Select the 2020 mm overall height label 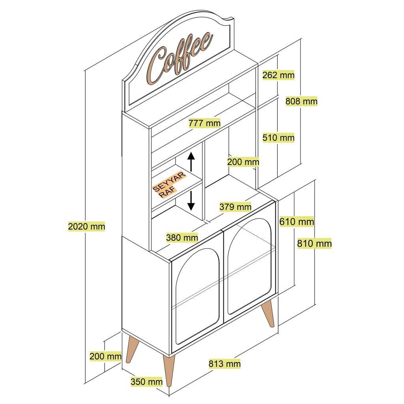coord(86,226)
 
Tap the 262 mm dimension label coord(279,75)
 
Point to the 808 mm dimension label coord(301,101)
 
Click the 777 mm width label coord(204,123)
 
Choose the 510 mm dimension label coord(279,138)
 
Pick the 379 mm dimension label coord(236,206)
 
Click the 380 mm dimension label coord(182,238)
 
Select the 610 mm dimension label coord(297,222)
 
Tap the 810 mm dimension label coord(314,243)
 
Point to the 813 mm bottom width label coord(224,363)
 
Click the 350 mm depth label coord(146,382)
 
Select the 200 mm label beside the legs coord(105,356)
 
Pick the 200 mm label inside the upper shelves coord(243,162)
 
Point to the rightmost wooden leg coord(268,314)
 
